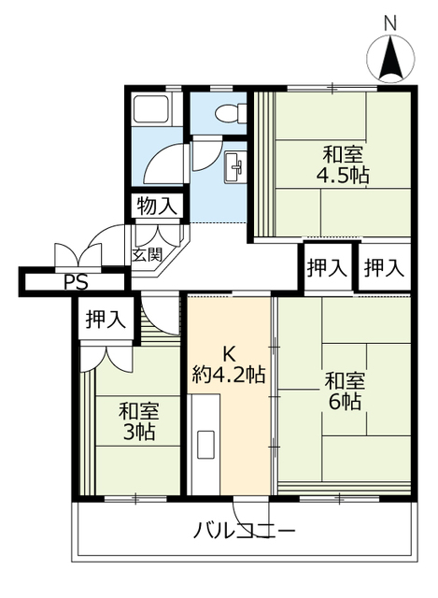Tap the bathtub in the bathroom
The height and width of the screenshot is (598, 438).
coord(151,109)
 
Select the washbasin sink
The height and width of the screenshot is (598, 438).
coord(235,167)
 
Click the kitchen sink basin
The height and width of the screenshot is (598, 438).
coord(206,445)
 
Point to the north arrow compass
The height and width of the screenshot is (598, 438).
coord(390,59)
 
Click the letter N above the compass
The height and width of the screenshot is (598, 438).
coord(390,23)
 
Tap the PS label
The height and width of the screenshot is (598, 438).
coord(76,282)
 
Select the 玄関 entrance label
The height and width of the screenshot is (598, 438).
coord(148,254)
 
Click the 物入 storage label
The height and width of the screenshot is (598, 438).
coord(157,206)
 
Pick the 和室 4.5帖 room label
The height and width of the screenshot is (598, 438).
coord(343,165)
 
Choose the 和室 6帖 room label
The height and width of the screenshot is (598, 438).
coord(345,391)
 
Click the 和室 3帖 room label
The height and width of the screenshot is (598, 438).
coord(138,421)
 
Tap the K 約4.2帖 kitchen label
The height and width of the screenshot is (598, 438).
coord(229,365)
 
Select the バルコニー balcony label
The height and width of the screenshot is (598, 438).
coord(245,531)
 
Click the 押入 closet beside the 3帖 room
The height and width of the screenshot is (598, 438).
coord(106,319)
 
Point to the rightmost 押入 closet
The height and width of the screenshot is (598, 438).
coord(384,267)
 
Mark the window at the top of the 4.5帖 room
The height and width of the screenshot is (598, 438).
coord(332,88)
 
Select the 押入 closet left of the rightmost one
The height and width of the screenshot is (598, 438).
coord(328,267)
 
